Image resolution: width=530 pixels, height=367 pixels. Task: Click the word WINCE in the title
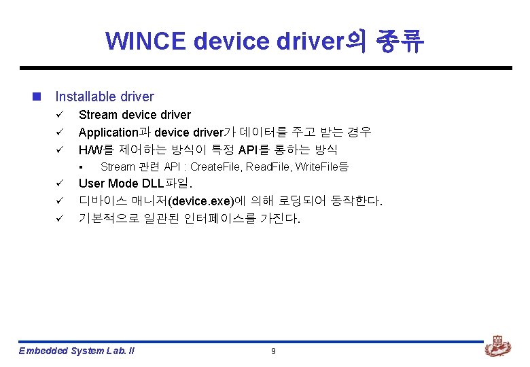click(145, 41)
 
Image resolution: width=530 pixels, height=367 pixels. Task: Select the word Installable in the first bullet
click(86, 97)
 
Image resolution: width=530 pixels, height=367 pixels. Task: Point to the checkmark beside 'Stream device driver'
click(59, 115)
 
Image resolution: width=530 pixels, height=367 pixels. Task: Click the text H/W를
click(94, 150)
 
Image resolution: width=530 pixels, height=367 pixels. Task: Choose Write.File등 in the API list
click(321, 167)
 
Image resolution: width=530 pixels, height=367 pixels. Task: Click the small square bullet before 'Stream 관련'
click(80, 167)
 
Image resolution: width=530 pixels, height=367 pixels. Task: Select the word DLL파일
click(166, 184)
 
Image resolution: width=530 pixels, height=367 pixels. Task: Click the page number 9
click(273, 351)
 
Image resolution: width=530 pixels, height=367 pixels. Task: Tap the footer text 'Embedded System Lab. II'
click(76, 351)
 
